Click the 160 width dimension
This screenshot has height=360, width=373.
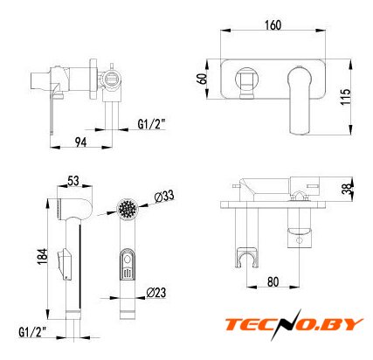tap(273, 25)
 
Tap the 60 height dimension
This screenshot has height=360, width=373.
tap(202, 79)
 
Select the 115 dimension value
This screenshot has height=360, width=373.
tap(346, 97)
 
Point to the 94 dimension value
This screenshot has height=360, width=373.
tap(80, 142)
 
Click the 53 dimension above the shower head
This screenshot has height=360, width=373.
tap(73, 181)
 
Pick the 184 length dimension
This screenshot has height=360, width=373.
tap(42, 256)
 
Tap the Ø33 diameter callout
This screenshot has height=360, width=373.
tap(164, 197)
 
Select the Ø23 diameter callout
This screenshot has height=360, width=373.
tap(156, 293)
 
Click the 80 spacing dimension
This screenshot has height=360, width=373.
tap(273, 281)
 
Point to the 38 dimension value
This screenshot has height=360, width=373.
tap(347, 188)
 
